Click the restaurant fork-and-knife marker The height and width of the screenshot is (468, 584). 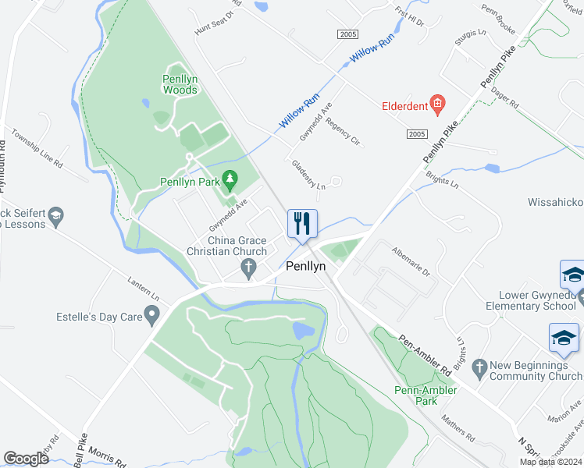coord(302,223)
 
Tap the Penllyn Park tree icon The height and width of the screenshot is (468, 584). coord(230,182)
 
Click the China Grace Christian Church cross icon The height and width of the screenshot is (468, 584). coord(249,269)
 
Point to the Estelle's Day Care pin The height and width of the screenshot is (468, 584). coord(152,317)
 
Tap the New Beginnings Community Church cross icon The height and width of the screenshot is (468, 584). coord(479,365)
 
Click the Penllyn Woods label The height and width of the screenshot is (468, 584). coord(180,84)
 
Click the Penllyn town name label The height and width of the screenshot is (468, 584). coord(306,266)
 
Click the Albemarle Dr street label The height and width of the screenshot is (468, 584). coord(411,261)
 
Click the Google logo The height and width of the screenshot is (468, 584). coord(26,459)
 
